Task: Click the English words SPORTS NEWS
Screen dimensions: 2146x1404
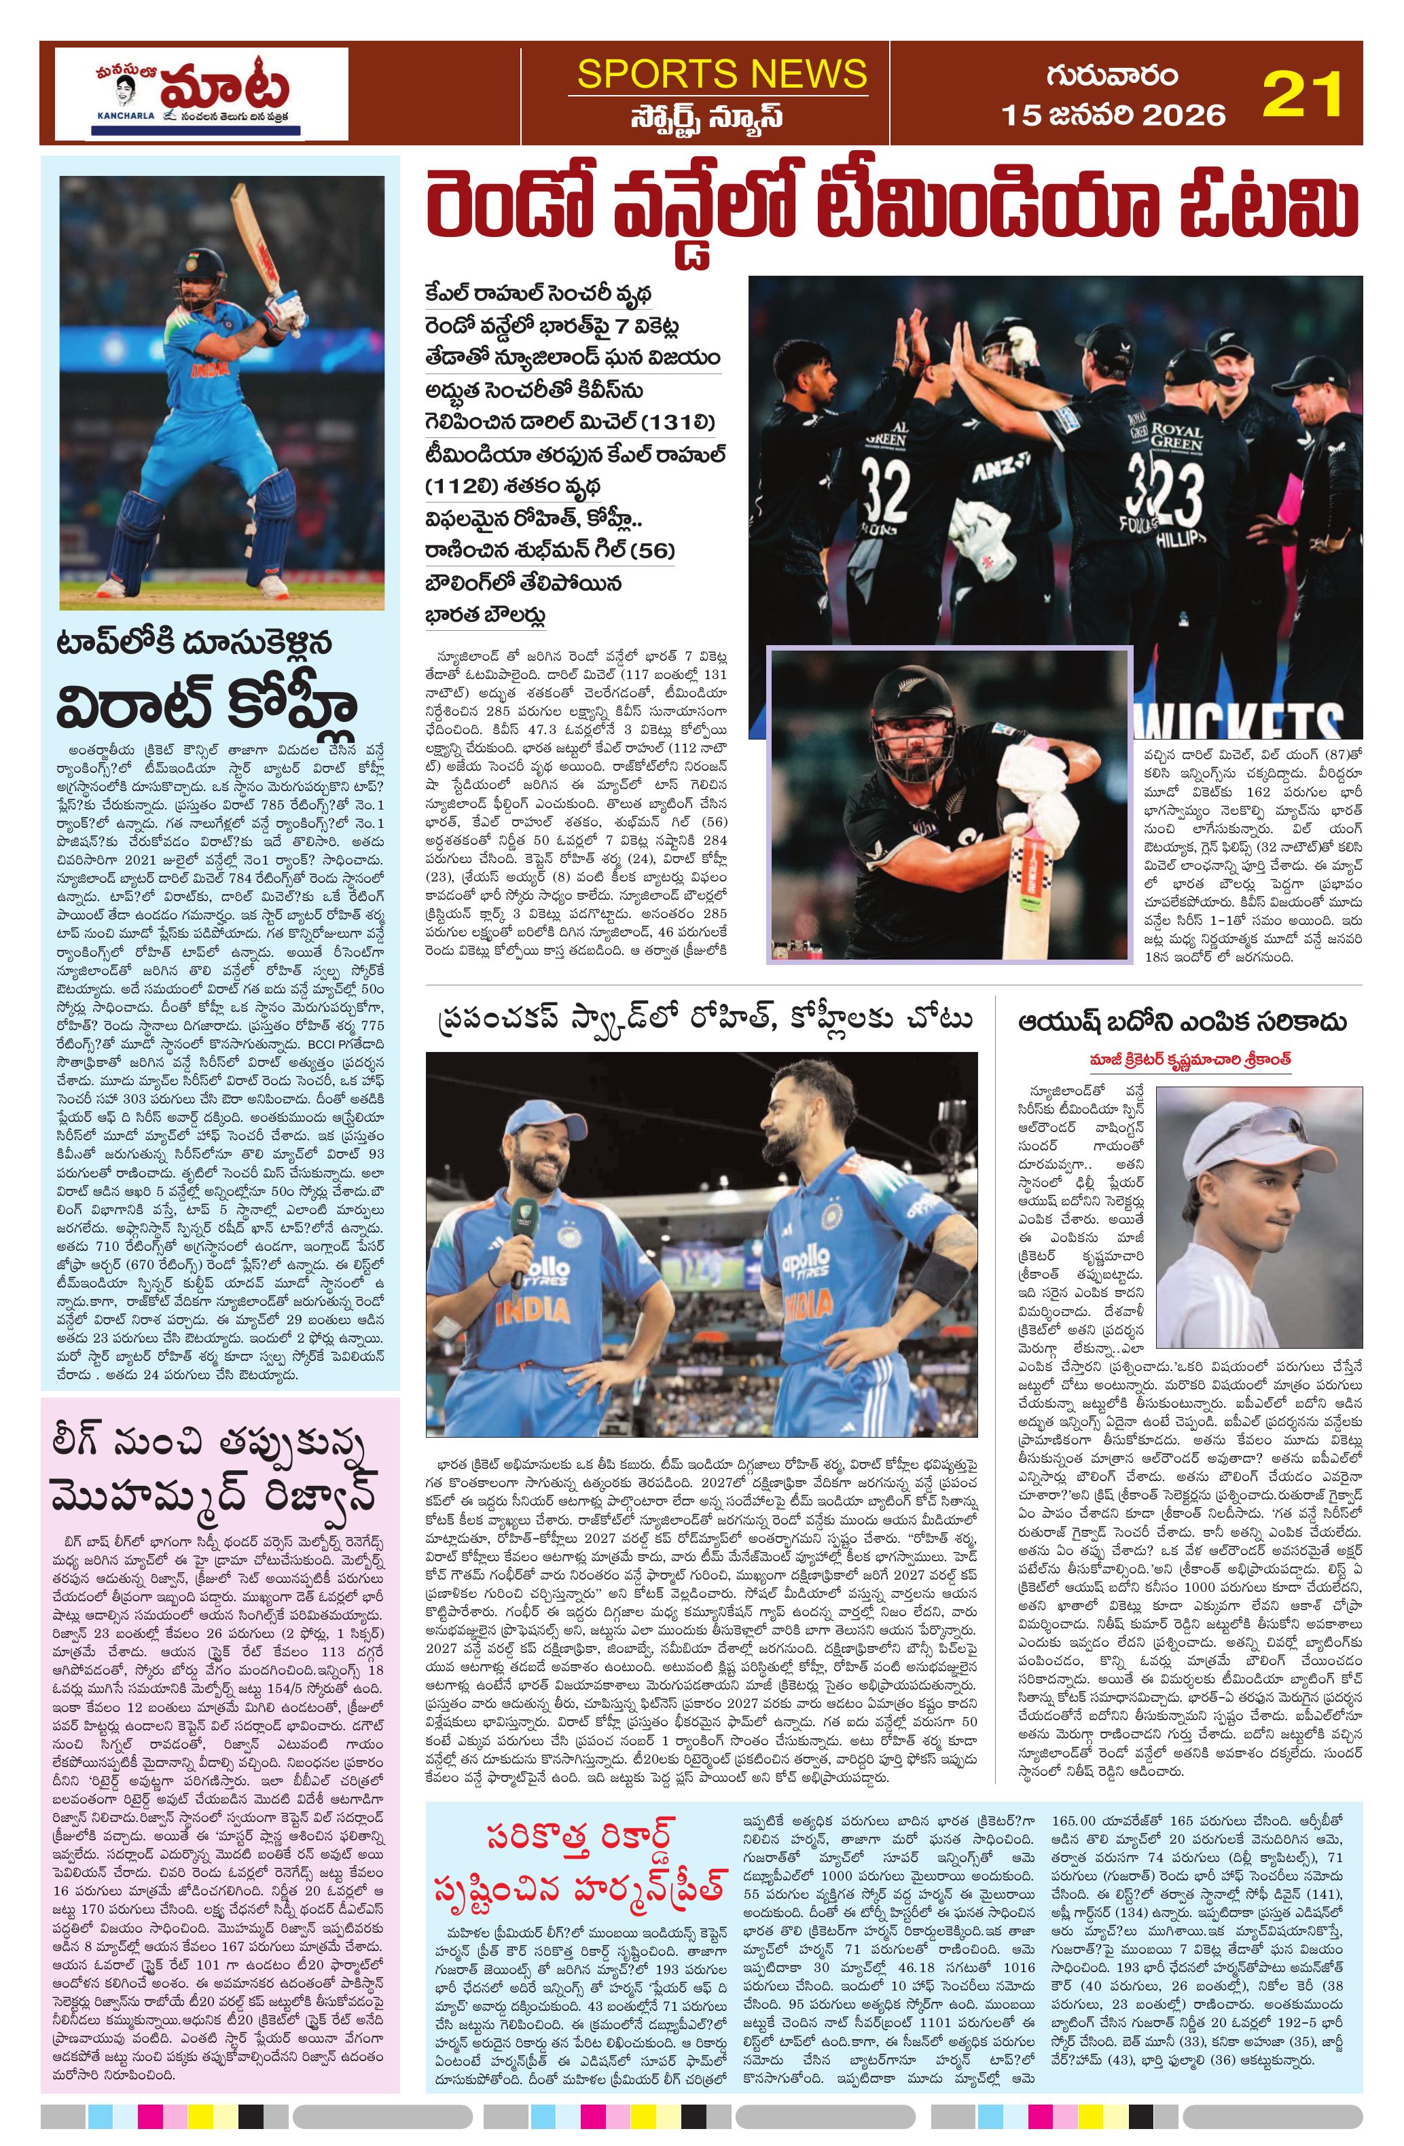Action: tap(721, 74)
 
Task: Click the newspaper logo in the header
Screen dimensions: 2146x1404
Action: tap(201, 94)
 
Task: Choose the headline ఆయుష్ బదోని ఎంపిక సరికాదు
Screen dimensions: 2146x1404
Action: tap(1182, 1021)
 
